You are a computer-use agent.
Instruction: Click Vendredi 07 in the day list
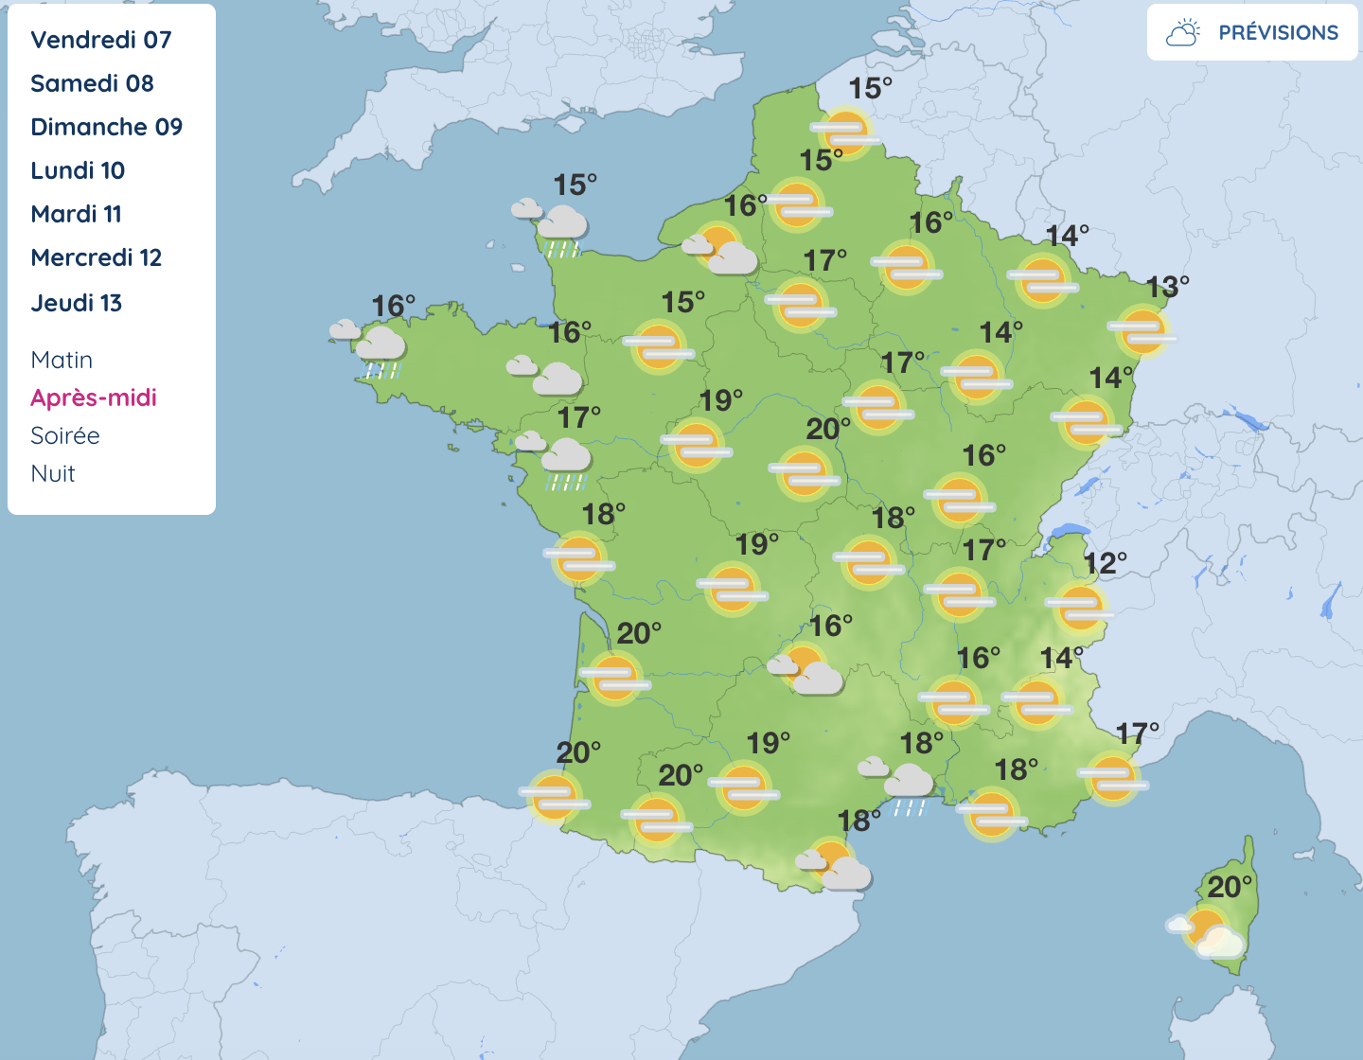pos(101,40)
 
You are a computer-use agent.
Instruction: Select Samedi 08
pos(92,83)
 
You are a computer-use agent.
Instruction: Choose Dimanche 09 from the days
pos(106,127)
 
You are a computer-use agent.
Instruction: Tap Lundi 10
pos(78,170)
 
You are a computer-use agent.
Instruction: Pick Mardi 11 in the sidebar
pos(76,214)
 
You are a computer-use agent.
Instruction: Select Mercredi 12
pos(96,257)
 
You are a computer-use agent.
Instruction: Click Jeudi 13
pos(76,303)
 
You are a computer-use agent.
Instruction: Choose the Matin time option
pos(62,360)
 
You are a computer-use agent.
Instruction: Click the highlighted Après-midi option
pos(94,397)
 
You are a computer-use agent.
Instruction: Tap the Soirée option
pos(64,435)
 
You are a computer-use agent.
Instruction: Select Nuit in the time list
pos(53,473)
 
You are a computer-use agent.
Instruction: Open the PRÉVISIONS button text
pos(1278,32)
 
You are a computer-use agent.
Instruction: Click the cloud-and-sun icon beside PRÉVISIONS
pos(1183,33)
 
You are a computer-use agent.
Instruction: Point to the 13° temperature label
pos(1167,286)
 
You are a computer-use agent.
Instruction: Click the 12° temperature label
pos(1106,564)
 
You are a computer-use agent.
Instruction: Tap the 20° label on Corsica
pos(1230,887)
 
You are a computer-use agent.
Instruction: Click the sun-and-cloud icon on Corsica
pos(1209,932)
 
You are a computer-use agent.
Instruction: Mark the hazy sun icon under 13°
pos(1142,330)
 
